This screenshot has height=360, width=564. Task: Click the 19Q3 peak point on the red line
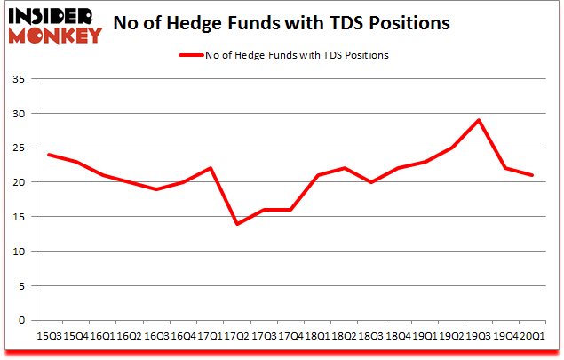point(479,120)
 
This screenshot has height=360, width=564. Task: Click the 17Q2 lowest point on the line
point(237,223)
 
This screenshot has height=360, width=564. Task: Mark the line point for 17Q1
point(210,168)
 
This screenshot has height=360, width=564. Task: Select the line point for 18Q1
point(317,175)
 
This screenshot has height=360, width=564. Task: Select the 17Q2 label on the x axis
point(237,335)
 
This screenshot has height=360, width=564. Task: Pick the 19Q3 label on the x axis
point(479,335)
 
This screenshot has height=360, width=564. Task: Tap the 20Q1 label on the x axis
point(533,335)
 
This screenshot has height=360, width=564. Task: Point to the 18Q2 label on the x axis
point(345,335)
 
